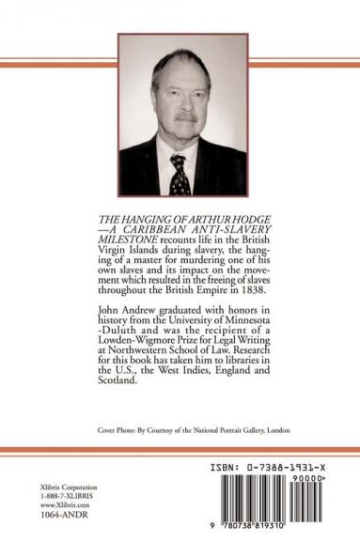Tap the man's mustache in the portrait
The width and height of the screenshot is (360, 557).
tap(181, 119)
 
